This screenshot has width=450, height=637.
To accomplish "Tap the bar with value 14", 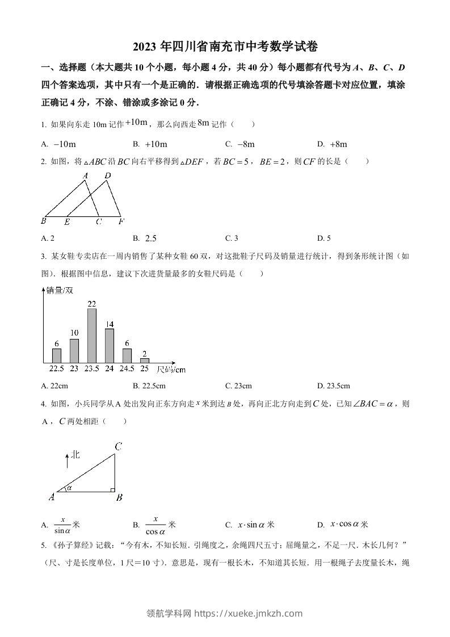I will [x=110, y=345].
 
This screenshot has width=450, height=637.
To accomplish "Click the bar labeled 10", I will [x=74, y=350].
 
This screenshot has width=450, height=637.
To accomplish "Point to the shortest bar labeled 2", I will [x=145, y=360].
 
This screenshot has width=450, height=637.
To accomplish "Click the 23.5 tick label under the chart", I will [x=91, y=369].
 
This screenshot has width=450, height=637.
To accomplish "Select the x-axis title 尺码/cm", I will [x=171, y=370].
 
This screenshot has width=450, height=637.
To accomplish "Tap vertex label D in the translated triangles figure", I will [x=108, y=176].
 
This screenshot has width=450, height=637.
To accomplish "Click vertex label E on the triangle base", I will [x=68, y=222].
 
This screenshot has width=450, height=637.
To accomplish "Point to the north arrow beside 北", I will [x=67, y=460].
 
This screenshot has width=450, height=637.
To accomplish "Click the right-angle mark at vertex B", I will [x=112, y=489].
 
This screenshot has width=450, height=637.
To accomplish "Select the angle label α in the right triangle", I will [x=70, y=487].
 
